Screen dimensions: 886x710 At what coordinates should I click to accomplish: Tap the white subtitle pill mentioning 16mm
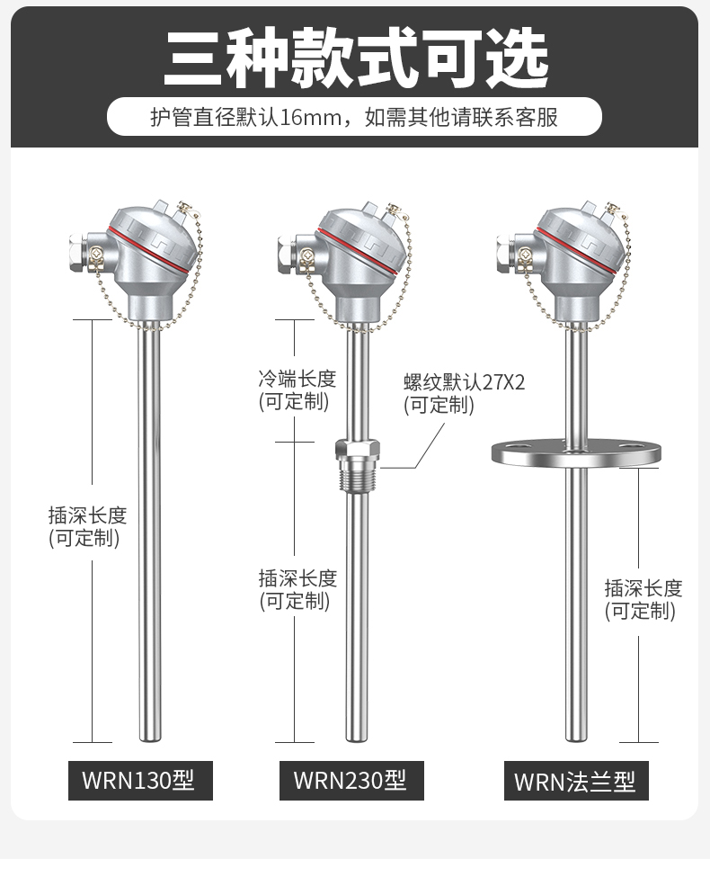[x=354, y=117]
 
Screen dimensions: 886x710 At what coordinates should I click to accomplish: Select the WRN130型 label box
[x=140, y=779]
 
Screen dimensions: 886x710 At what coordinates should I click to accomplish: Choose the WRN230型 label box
[x=351, y=779]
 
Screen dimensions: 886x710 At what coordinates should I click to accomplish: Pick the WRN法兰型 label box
[x=575, y=780]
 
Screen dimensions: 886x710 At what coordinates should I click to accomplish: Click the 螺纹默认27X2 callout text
[x=464, y=393]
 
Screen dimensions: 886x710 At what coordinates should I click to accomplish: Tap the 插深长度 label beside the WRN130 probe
[x=87, y=526]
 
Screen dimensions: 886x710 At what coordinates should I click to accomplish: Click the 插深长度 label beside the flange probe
[x=643, y=599]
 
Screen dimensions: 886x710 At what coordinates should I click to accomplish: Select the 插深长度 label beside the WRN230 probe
[x=297, y=589]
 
